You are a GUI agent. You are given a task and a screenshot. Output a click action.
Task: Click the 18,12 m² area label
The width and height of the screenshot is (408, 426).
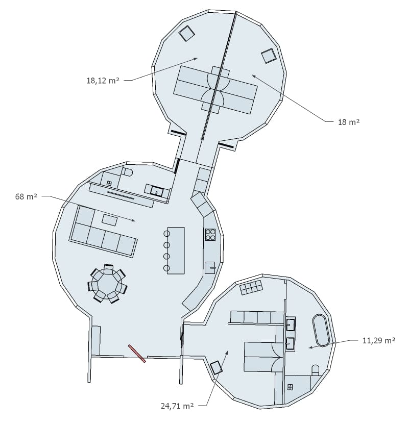coord(103,81)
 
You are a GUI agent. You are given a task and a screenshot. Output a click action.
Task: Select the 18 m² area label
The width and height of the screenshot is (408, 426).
coord(349,122)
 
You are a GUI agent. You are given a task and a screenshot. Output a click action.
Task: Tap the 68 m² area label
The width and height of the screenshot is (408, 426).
coord(26,196)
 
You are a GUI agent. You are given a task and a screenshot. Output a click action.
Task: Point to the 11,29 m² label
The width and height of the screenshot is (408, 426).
coord(379,340)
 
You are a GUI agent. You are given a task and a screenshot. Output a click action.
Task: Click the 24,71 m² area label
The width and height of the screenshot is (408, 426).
coord(177,406)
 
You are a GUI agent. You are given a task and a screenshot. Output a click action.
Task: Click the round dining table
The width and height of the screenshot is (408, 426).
coord(107,283)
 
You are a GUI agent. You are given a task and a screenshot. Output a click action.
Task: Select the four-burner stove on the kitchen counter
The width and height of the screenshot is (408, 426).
coord(210,235)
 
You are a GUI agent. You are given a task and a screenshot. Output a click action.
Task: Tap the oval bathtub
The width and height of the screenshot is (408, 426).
coord(321,330)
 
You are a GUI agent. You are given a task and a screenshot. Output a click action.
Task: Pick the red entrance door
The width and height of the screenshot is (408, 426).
coord(137,354)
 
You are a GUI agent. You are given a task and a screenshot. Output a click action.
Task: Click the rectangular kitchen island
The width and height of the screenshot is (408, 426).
coord(176,250)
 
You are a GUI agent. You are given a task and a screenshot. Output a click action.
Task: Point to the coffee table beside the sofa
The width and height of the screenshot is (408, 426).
coord(110,220)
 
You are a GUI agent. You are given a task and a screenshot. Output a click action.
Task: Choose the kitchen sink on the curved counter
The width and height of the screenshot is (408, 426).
coord(210,268)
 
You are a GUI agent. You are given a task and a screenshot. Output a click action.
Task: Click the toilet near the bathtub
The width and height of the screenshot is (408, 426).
coord(315,370)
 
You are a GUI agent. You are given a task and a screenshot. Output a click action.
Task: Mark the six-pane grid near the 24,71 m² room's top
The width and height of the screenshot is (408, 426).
coord(251,287)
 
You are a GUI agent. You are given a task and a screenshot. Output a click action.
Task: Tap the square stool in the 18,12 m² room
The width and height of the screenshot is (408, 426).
coord(186,34)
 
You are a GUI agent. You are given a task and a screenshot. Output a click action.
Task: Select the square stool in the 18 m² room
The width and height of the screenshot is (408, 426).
coord(269,56)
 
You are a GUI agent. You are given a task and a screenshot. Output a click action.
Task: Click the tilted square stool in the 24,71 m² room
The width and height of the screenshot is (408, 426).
coord(217,368)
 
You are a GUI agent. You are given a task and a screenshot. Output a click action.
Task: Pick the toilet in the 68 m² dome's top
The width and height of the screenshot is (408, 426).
coord(127,172)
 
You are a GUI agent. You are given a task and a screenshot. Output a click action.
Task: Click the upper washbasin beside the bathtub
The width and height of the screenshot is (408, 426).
coord(291,323)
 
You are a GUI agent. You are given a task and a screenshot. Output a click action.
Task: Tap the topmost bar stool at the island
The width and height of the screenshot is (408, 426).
coord(167,234)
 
